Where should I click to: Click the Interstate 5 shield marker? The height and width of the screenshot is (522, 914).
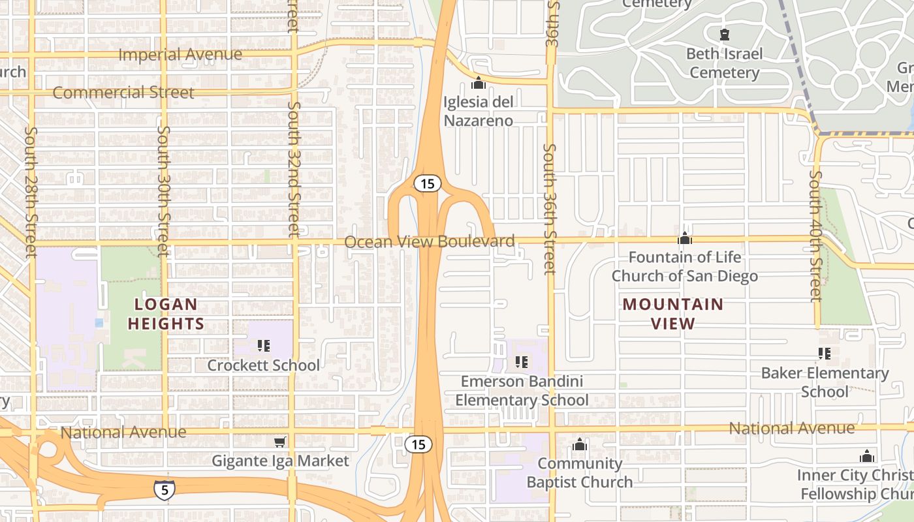coord(165,489)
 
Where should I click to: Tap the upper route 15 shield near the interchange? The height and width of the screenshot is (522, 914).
coord(427,184)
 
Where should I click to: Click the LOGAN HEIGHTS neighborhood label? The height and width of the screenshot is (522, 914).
coord(166,314)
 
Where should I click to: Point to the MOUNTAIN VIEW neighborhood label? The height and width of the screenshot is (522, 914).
coord(673,314)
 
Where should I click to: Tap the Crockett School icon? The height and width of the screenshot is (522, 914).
coord(264,346)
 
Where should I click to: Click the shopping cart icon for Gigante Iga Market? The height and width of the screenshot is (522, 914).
coord(279,443)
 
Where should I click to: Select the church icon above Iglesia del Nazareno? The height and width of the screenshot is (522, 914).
coord(479,83)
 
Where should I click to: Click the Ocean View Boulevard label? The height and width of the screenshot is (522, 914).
coord(430,242)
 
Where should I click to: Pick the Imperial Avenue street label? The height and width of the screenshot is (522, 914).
coord(180,55)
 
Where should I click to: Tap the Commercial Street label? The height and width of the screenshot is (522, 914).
coord(123,93)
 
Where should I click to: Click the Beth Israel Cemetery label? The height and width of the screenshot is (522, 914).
coord(725,63)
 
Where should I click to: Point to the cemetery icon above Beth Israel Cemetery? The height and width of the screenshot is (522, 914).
coord(724,34)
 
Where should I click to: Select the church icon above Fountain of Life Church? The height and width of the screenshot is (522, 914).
coord(685,238)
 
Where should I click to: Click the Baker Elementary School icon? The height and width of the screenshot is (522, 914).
coord(825,354)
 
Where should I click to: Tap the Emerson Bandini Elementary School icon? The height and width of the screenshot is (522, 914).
coord(521,361)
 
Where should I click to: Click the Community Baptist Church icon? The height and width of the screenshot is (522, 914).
coord(580,445)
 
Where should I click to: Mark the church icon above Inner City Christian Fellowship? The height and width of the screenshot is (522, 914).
coord(867,456)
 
